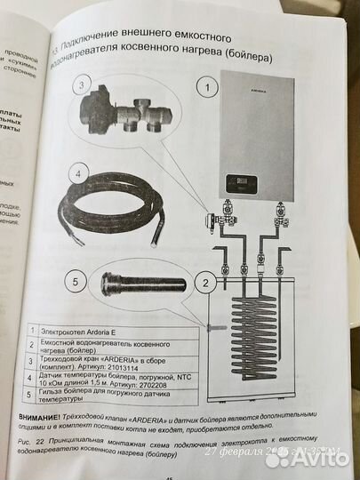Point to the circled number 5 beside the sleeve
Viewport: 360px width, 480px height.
point(76,282)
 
